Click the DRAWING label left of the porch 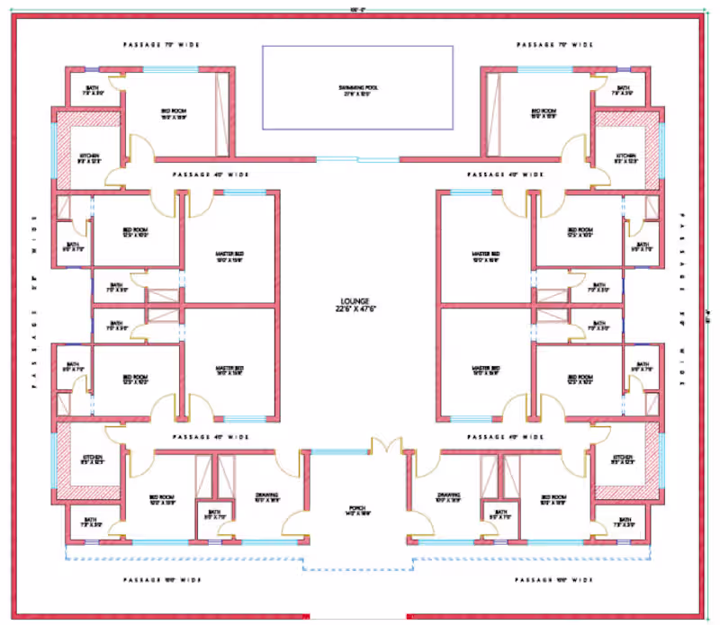[x=267, y=496]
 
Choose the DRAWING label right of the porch [x=448, y=496]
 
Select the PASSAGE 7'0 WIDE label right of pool [x=554, y=44]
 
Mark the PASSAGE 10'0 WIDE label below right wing [x=554, y=580]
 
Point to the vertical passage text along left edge [x=35, y=301]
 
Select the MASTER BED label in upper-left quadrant [x=230, y=257]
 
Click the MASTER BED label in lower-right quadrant [x=486, y=371]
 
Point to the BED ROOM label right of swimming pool [x=543, y=112]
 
